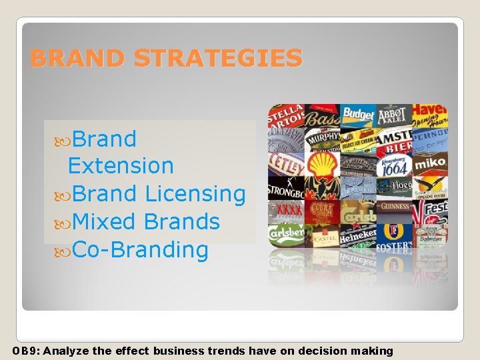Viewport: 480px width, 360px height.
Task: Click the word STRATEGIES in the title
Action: click(217, 59)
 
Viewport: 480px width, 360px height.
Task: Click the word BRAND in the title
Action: click(77, 59)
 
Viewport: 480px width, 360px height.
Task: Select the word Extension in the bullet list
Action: click(121, 166)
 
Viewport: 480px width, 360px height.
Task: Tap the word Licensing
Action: click(195, 194)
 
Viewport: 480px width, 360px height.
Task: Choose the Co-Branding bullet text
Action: click(140, 250)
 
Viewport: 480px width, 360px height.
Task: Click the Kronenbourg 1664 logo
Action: click(393, 165)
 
